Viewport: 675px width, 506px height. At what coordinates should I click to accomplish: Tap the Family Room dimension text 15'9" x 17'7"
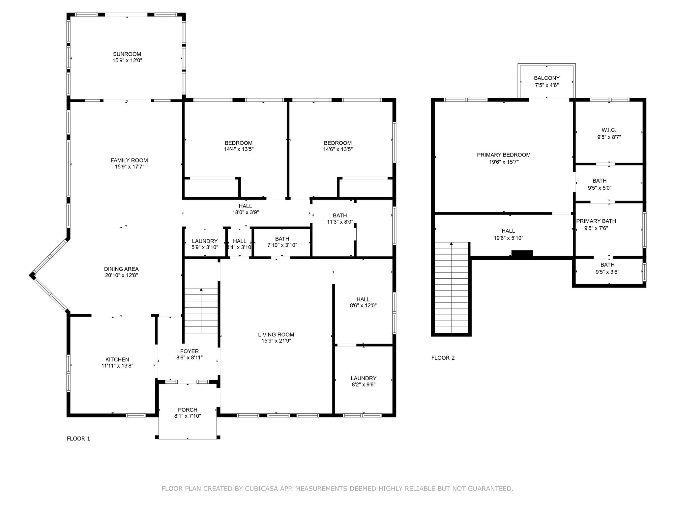point(129,167)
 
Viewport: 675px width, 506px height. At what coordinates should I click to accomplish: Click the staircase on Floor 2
point(451,288)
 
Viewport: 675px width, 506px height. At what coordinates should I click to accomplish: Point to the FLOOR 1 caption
point(78,438)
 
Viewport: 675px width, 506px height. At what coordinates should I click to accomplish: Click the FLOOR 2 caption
point(443,358)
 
